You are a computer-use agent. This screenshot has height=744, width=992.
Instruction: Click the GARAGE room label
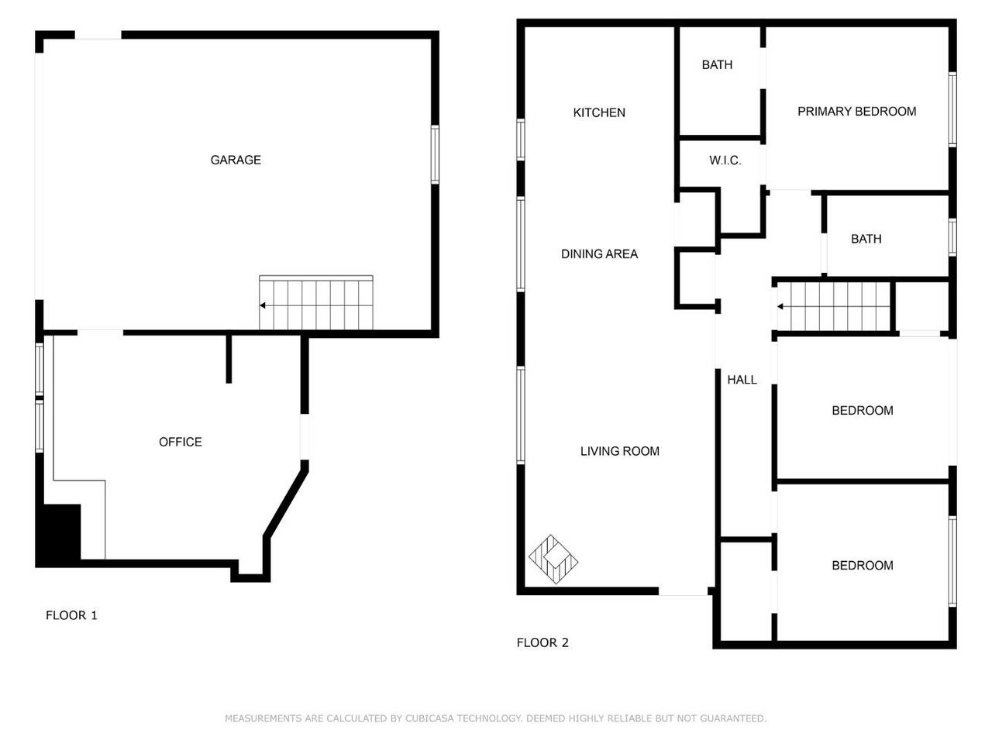[x=236, y=160]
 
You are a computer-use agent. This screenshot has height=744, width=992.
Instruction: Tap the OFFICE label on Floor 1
[x=180, y=442]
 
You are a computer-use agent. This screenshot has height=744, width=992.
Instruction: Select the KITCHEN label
[x=599, y=112]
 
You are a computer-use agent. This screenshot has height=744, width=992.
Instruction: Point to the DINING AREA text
[x=599, y=253]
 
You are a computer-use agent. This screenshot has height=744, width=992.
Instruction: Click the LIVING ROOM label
[x=619, y=451]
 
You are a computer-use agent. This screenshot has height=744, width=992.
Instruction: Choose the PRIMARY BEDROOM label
[x=856, y=112]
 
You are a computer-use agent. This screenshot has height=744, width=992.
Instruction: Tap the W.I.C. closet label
[x=725, y=160]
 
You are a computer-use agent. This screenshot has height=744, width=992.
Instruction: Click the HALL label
[x=742, y=380]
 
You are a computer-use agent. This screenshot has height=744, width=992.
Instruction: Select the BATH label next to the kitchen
[x=717, y=65]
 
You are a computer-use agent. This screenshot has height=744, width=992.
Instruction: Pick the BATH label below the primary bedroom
[x=866, y=239]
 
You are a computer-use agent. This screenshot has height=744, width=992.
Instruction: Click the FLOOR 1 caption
[x=71, y=615]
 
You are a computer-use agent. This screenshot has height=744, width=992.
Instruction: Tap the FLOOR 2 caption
[x=542, y=642]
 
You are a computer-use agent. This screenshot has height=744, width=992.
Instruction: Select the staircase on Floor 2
[x=834, y=307]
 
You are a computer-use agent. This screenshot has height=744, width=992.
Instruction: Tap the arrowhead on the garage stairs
[x=263, y=305]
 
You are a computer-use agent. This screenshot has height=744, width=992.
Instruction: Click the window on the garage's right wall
[x=435, y=154]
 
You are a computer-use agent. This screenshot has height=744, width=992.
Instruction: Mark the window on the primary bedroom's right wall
[x=952, y=109]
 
